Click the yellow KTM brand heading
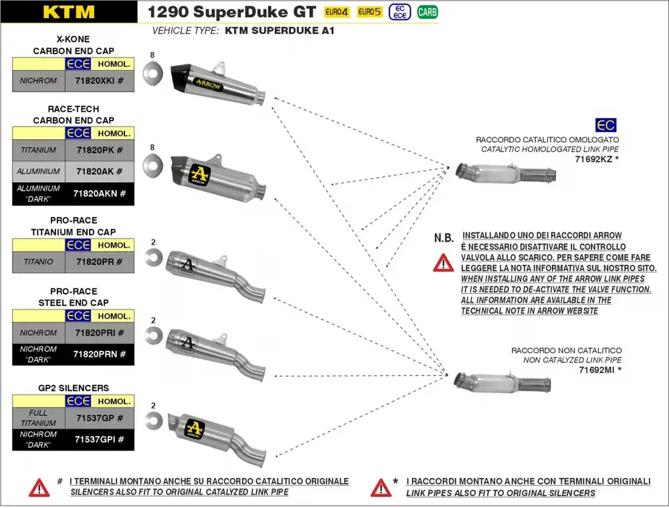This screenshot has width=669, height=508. tap(68, 11)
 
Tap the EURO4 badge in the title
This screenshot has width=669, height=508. tap(337, 12)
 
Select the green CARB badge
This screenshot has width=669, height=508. tap(427, 12)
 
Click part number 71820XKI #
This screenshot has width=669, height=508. tap(100, 81)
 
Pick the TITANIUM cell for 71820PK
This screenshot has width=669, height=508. tap(39, 150)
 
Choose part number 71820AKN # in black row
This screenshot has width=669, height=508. tap(100, 193)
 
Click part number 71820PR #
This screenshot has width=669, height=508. tap(100, 262)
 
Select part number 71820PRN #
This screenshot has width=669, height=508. tap(100, 354)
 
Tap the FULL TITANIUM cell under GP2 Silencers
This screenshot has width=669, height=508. tap(39, 418)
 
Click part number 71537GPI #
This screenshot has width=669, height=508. tap(100, 440)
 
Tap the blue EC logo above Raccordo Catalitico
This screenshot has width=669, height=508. tap(605, 125)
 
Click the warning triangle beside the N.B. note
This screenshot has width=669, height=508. tap(443, 263)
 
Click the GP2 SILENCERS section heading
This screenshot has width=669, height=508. tap(74, 388)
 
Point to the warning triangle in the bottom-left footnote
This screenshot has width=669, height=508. tap(39, 487)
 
